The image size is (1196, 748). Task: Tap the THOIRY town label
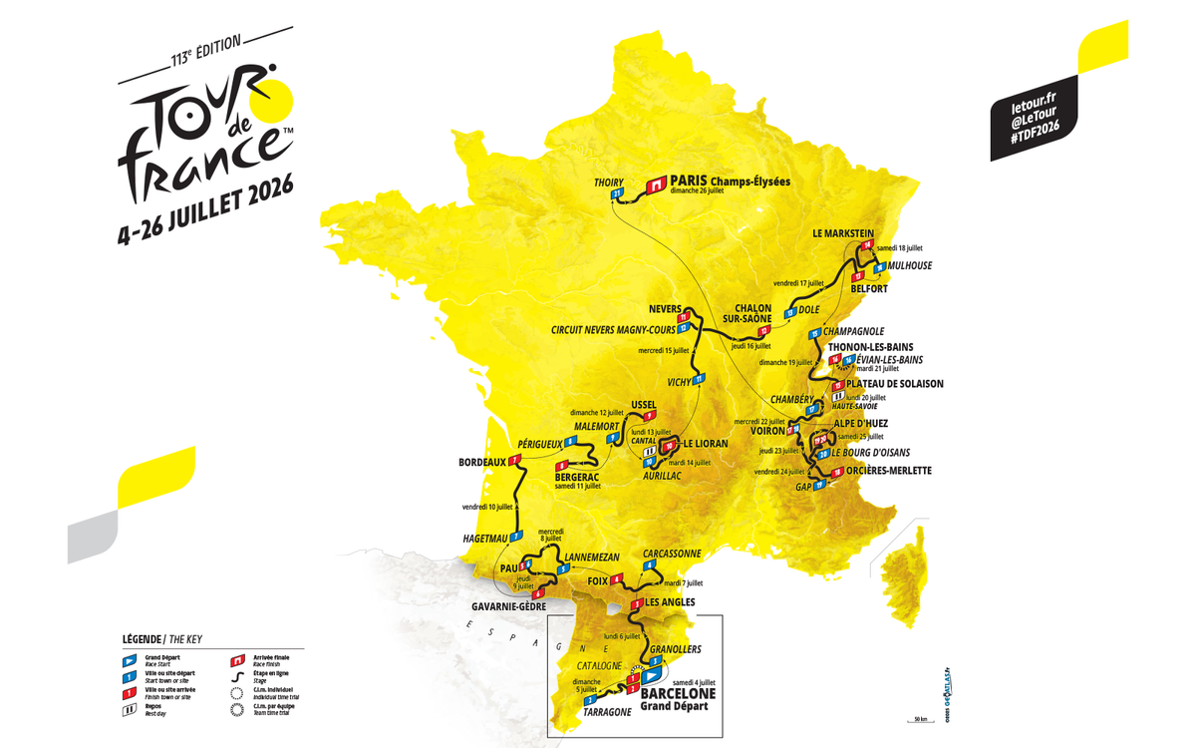pyautogui.click(x=609, y=182)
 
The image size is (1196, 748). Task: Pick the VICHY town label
pyautogui.click(x=680, y=382)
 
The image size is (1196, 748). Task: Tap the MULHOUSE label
pyautogui.click(x=910, y=266)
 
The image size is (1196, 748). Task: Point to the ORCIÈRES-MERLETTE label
pyautogui.click(x=889, y=471)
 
